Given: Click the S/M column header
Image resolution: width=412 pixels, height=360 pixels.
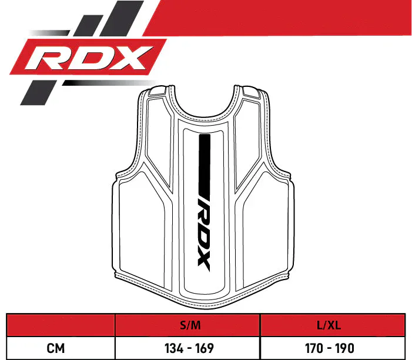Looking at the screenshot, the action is [x=190, y=325].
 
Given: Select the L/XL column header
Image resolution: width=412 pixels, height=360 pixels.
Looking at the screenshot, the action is [x=329, y=325].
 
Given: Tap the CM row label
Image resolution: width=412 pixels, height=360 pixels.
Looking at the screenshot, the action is [x=55, y=348].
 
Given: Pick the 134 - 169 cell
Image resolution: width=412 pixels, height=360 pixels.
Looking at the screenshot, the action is [x=189, y=348].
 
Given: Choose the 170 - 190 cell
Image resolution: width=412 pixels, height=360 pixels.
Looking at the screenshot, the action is [x=330, y=348].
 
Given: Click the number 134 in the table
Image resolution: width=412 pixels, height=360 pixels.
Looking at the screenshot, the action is [x=174, y=348].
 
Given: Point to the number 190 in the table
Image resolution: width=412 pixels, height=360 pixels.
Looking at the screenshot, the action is [x=345, y=348].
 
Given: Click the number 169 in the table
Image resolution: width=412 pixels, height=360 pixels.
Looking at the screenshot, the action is [x=205, y=348].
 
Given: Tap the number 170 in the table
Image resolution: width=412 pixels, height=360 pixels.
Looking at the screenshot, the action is [x=314, y=348].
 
